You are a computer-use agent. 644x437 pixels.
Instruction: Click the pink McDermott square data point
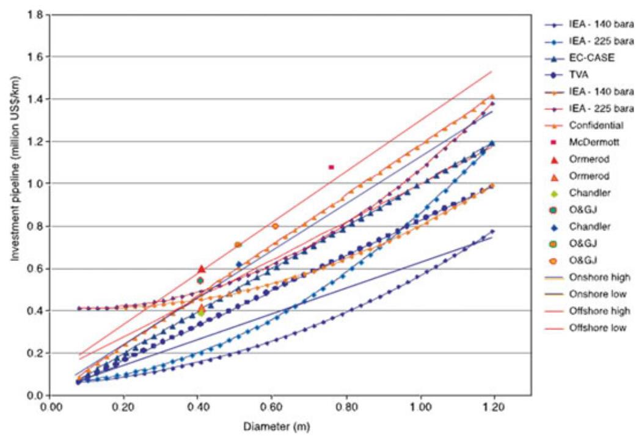coord(331,167)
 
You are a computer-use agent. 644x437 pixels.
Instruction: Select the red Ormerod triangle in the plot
coord(201,268)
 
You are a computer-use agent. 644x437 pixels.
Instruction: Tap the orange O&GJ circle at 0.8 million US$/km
coord(275,226)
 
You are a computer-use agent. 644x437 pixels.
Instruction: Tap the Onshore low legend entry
coord(586,294)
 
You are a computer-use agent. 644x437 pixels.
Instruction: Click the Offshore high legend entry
coord(588,311)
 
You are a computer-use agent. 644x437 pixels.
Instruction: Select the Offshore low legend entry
coord(586,328)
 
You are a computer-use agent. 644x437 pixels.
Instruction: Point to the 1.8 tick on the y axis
coord(35,15)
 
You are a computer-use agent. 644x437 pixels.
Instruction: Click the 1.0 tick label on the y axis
coord(35,183)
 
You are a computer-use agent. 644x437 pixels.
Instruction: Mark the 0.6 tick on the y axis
coord(35,268)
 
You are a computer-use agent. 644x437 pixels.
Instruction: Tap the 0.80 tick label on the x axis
coord(346,408)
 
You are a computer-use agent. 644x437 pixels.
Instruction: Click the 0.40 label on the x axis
coord(197,408)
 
